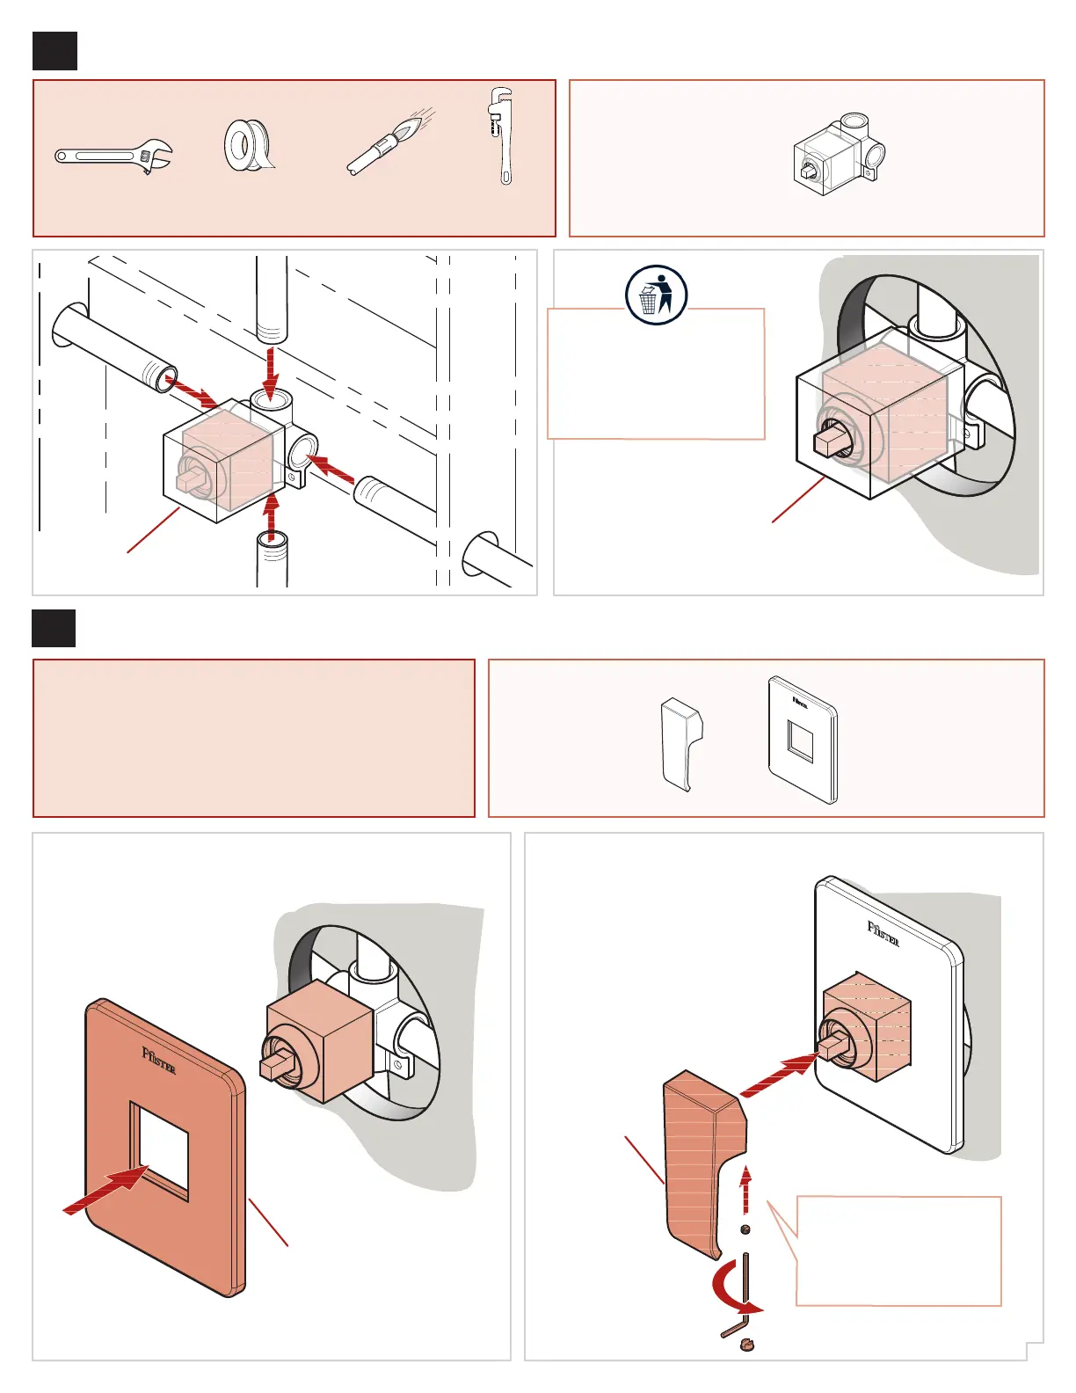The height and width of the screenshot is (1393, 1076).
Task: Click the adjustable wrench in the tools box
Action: click(114, 157)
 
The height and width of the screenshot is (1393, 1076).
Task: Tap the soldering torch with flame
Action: click(387, 142)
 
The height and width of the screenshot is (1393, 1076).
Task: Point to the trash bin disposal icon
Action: click(656, 295)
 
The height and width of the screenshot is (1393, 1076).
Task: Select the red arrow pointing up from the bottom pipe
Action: click(272, 519)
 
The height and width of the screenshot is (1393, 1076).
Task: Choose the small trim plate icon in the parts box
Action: click(802, 740)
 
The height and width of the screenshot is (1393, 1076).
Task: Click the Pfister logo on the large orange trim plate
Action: click(159, 1061)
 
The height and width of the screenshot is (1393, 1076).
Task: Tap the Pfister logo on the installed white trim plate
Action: click(883, 933)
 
